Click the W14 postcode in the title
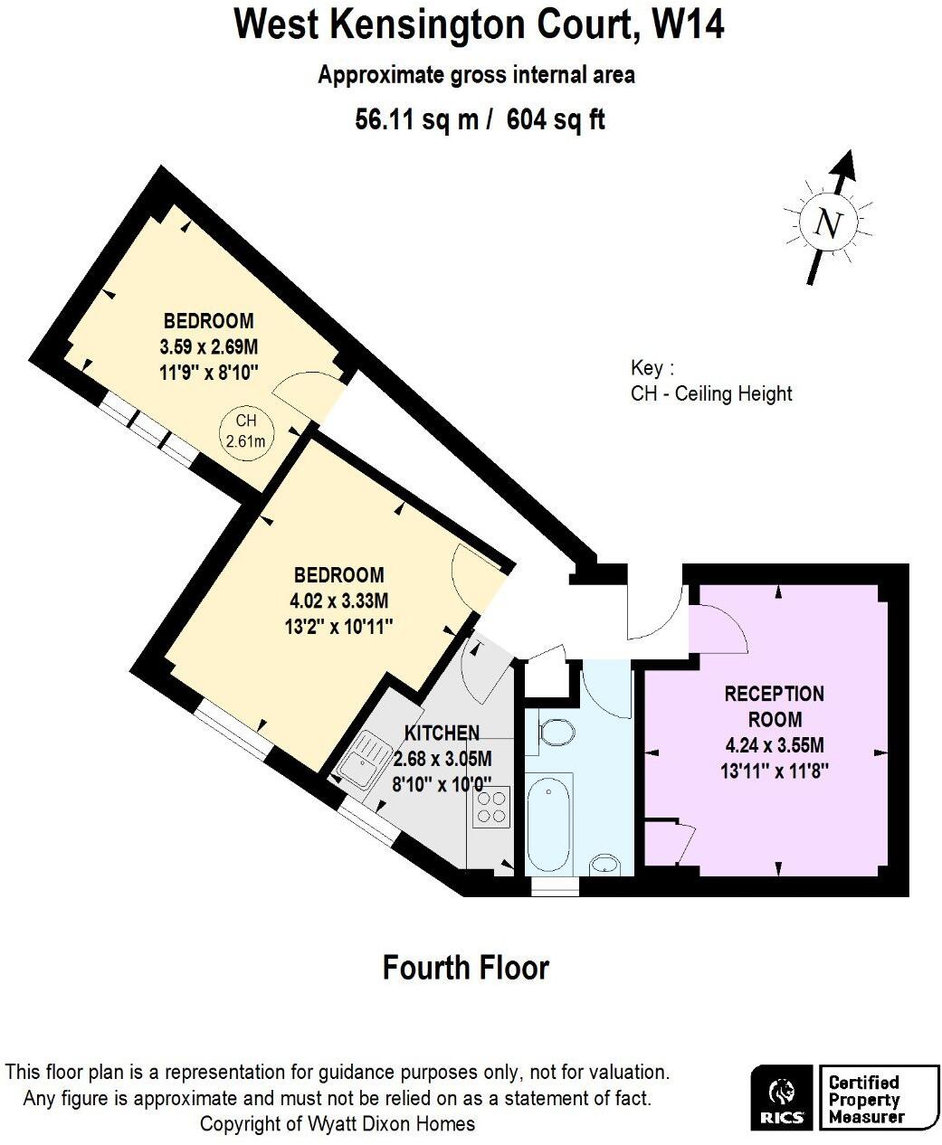(689, 24)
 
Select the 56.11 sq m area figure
(417, 119)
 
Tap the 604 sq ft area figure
(556, 119)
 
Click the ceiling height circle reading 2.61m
(246, 431)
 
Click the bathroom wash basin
(605, 866)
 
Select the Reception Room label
(775, 706)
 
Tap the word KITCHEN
(442, 733)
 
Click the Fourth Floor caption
(465, 968)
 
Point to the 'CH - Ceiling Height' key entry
(710, 393)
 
